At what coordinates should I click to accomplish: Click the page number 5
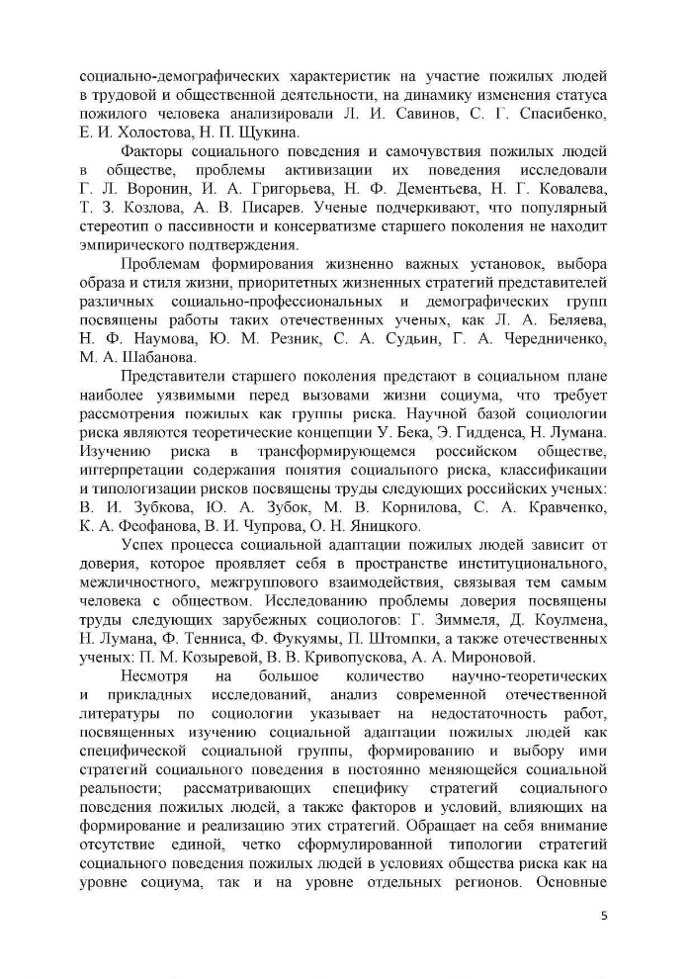click(x=604, y=915)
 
